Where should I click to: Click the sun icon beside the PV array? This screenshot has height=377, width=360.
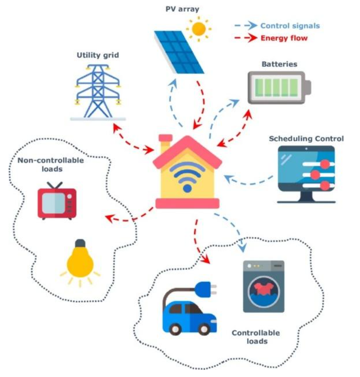point(198,29)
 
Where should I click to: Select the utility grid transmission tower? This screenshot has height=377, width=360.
point(98,91)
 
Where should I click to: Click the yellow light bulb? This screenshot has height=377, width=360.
point(80,261)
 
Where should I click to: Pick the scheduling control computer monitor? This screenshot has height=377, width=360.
point(306,173)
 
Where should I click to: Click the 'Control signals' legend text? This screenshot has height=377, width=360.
point(290,26)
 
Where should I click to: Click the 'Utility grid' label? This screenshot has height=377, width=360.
point(98,55)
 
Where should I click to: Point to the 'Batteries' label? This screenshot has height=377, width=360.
point(279,64)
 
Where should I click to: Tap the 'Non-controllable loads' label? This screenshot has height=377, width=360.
point(51,165)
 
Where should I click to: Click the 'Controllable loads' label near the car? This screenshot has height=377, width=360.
point(256,337)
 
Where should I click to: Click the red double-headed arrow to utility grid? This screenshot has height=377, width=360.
point(132,138)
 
